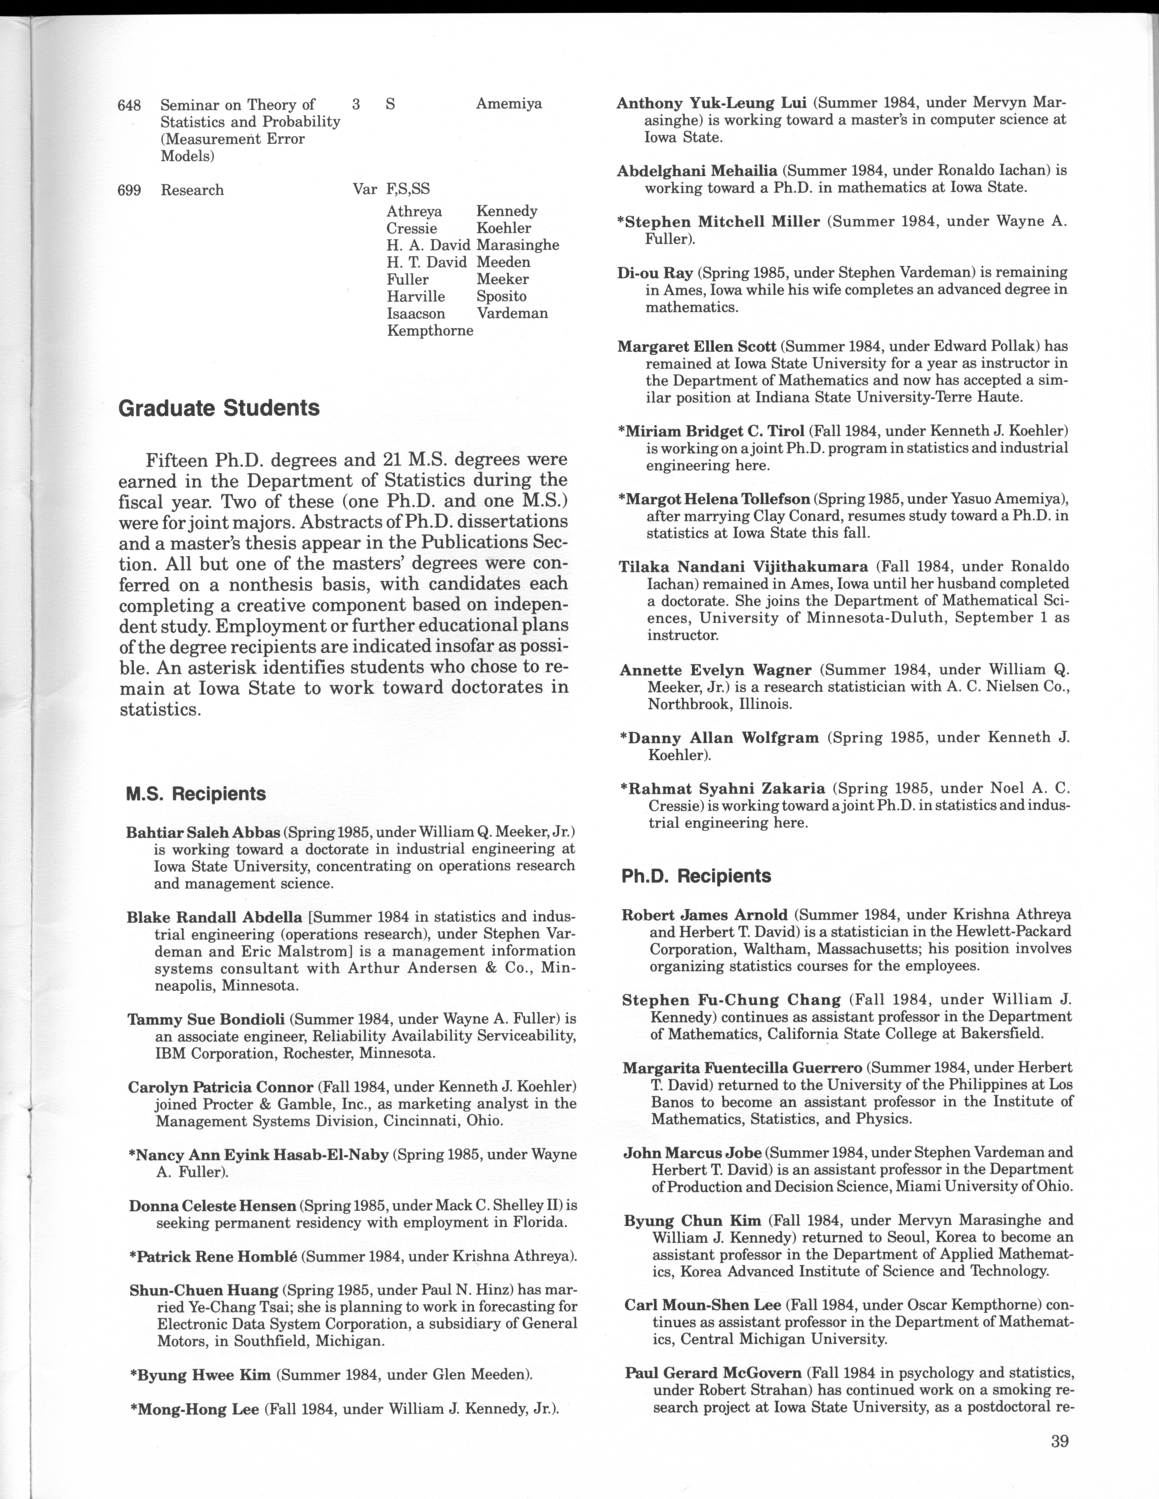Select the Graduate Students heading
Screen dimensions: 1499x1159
219,408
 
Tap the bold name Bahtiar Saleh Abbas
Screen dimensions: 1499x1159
203,833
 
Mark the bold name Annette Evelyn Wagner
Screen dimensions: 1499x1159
715,670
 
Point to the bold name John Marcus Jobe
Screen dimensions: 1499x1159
693,1152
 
